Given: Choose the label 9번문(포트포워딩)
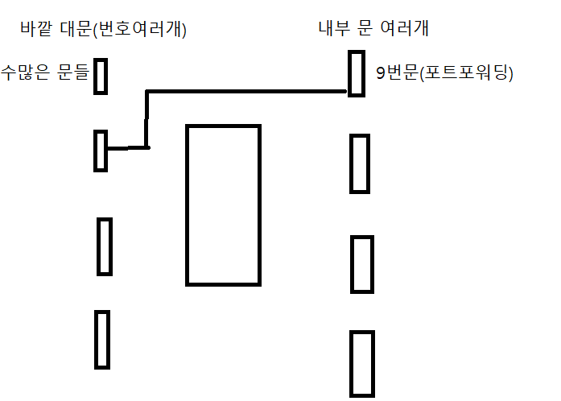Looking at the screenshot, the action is pos(444,75).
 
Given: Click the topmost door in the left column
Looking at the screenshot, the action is pos(101,76).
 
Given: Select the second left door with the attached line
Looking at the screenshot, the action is pos(101,151).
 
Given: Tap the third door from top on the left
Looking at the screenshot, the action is pos(105,246).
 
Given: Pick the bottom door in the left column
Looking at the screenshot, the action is pos(101,339).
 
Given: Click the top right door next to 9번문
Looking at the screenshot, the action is pos(357,73).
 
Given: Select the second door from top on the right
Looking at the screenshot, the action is pos(360,163).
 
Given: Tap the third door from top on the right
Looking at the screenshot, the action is pos(362,264).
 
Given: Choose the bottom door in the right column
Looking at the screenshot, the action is pos(362,364).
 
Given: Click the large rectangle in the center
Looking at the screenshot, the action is pos(223,205).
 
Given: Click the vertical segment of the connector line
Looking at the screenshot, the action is pos(146,119).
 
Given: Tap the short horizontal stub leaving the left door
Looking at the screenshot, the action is pos(126,148).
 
